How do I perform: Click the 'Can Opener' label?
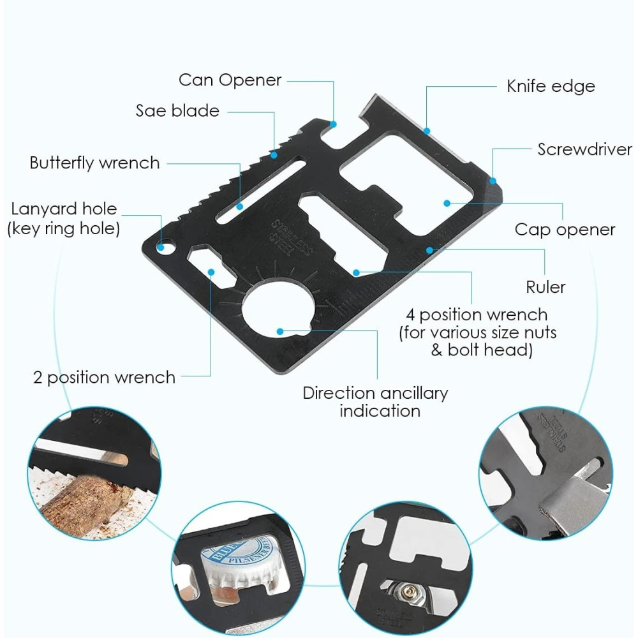(x=230, y=80)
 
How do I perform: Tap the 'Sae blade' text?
(x=177, y=110)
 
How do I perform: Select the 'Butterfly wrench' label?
(x=94, y=163)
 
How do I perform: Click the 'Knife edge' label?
(x=551, y=86)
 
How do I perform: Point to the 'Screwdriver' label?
(x=584, y=149)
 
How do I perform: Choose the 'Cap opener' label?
(x=565, y=230)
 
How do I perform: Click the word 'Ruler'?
(x=545, y=287)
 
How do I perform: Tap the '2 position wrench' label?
(x=104, y=377)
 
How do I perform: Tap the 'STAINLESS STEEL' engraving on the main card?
(x=291, y=236)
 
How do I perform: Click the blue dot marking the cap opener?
(x=447, y=204)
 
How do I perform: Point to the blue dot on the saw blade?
(x=274, y=154)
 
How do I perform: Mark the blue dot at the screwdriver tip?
(x=493, y=181)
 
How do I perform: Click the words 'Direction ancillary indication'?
(x=375, y=401)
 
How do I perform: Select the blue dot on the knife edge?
(x=427, y=131)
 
